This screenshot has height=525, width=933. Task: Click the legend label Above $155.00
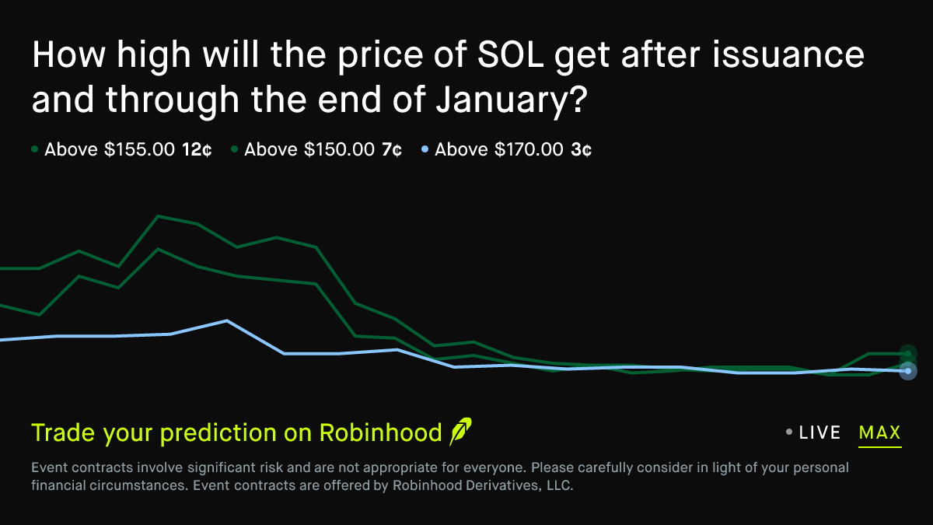point(110,149)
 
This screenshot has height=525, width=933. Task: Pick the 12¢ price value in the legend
point(197,149)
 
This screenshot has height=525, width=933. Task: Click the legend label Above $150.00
point(309,149)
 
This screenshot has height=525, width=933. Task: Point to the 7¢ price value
point(391,149)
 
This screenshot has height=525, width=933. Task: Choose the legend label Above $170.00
point(499,149)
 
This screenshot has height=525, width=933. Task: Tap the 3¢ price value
point(581,149)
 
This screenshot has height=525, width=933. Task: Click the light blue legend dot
point(424,149)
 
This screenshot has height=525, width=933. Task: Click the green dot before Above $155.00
point(35,149)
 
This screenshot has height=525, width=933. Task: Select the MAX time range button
point(879,432)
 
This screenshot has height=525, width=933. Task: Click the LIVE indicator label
point(819,432)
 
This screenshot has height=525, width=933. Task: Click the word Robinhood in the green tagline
point(380,432)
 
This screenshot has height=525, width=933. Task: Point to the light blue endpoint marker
point(907,371)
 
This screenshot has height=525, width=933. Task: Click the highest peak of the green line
point(159,216)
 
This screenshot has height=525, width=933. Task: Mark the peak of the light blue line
point(226,320)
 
